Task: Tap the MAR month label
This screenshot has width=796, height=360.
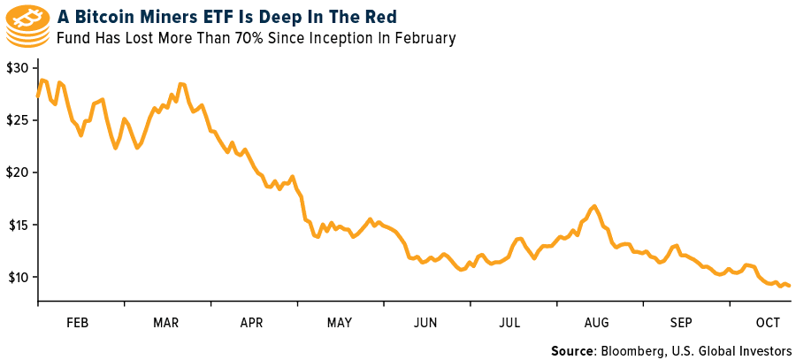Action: point(167,321)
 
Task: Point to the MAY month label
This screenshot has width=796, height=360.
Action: point(341,321)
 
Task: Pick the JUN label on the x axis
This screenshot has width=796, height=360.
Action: point(427,321)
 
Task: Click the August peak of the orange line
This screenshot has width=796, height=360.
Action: point(594,206)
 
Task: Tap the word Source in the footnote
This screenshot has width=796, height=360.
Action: point(573,351)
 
